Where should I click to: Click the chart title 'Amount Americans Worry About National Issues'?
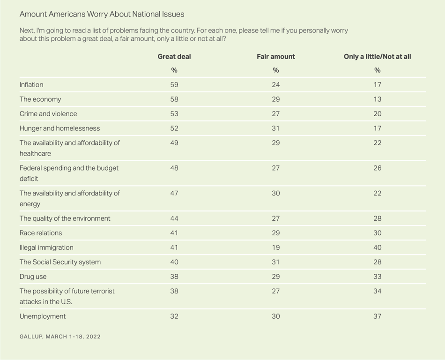102,14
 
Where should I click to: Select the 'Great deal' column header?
174,57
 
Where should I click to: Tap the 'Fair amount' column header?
276,57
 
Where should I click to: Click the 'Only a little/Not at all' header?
378,57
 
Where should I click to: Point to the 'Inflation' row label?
31,84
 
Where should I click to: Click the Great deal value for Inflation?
174,84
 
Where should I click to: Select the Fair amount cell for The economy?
276,99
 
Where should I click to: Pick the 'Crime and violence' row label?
48,113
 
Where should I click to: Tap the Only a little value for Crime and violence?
378,113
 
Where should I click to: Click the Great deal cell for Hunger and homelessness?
174,128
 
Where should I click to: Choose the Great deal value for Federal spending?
174,168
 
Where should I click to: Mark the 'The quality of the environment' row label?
65,218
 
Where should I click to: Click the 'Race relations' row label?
41,233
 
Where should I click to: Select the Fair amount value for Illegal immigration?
276,247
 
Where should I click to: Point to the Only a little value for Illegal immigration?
378,247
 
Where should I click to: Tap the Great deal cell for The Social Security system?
174,262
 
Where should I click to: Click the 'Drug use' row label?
33,277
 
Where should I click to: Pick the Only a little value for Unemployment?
378,316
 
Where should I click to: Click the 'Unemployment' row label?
43,316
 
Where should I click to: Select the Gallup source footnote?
60,337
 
